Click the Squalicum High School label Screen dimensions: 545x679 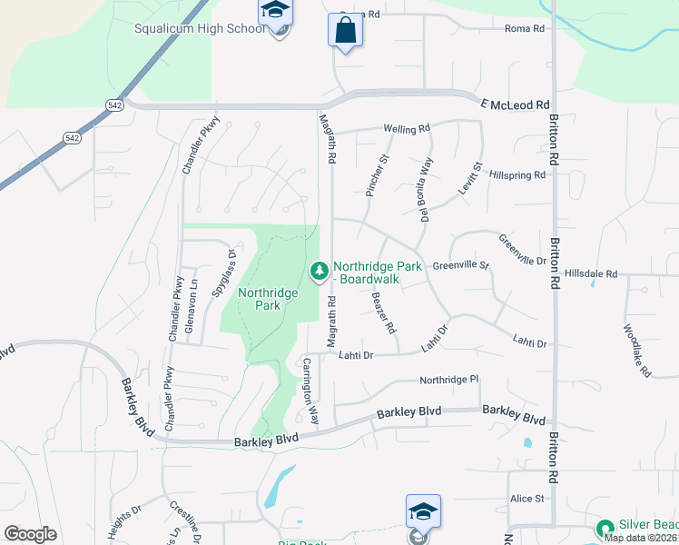pos(200,27)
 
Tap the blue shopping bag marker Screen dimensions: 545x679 pos(345,31)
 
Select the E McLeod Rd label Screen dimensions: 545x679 pos(517,105)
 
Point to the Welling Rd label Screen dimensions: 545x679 pos(405,130)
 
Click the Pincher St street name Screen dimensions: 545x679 pos(376,174)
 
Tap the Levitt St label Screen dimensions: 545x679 pos(472,177)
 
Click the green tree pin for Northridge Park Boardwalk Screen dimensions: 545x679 pos(319,271)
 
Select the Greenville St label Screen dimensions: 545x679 pos(460,266)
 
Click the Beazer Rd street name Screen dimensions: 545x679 pos(382,312)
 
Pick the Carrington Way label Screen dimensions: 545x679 pos(310,391)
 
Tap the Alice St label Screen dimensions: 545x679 pos(526,499)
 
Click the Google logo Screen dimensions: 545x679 pos(30,533)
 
